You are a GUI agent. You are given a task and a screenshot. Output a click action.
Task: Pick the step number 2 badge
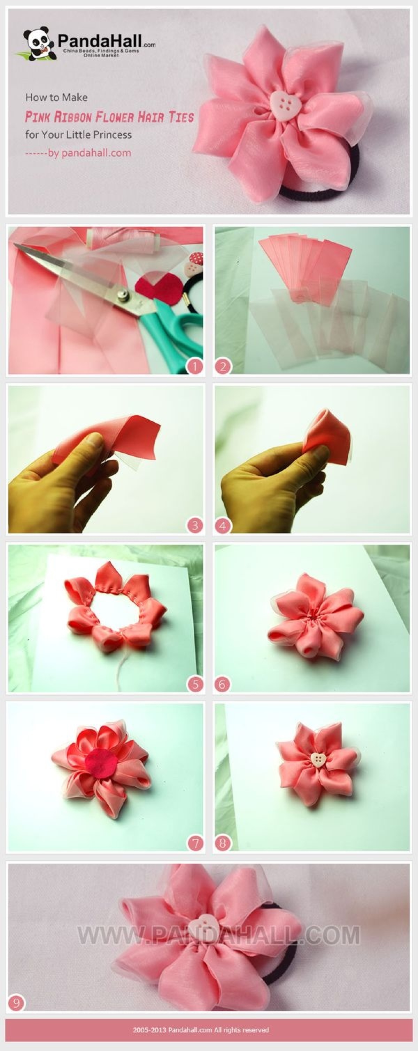[223, 367]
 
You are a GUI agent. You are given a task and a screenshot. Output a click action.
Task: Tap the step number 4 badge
[223, 525]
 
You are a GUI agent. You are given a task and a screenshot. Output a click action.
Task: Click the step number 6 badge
[223, 684]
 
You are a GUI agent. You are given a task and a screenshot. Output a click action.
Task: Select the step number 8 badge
[223, 842]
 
